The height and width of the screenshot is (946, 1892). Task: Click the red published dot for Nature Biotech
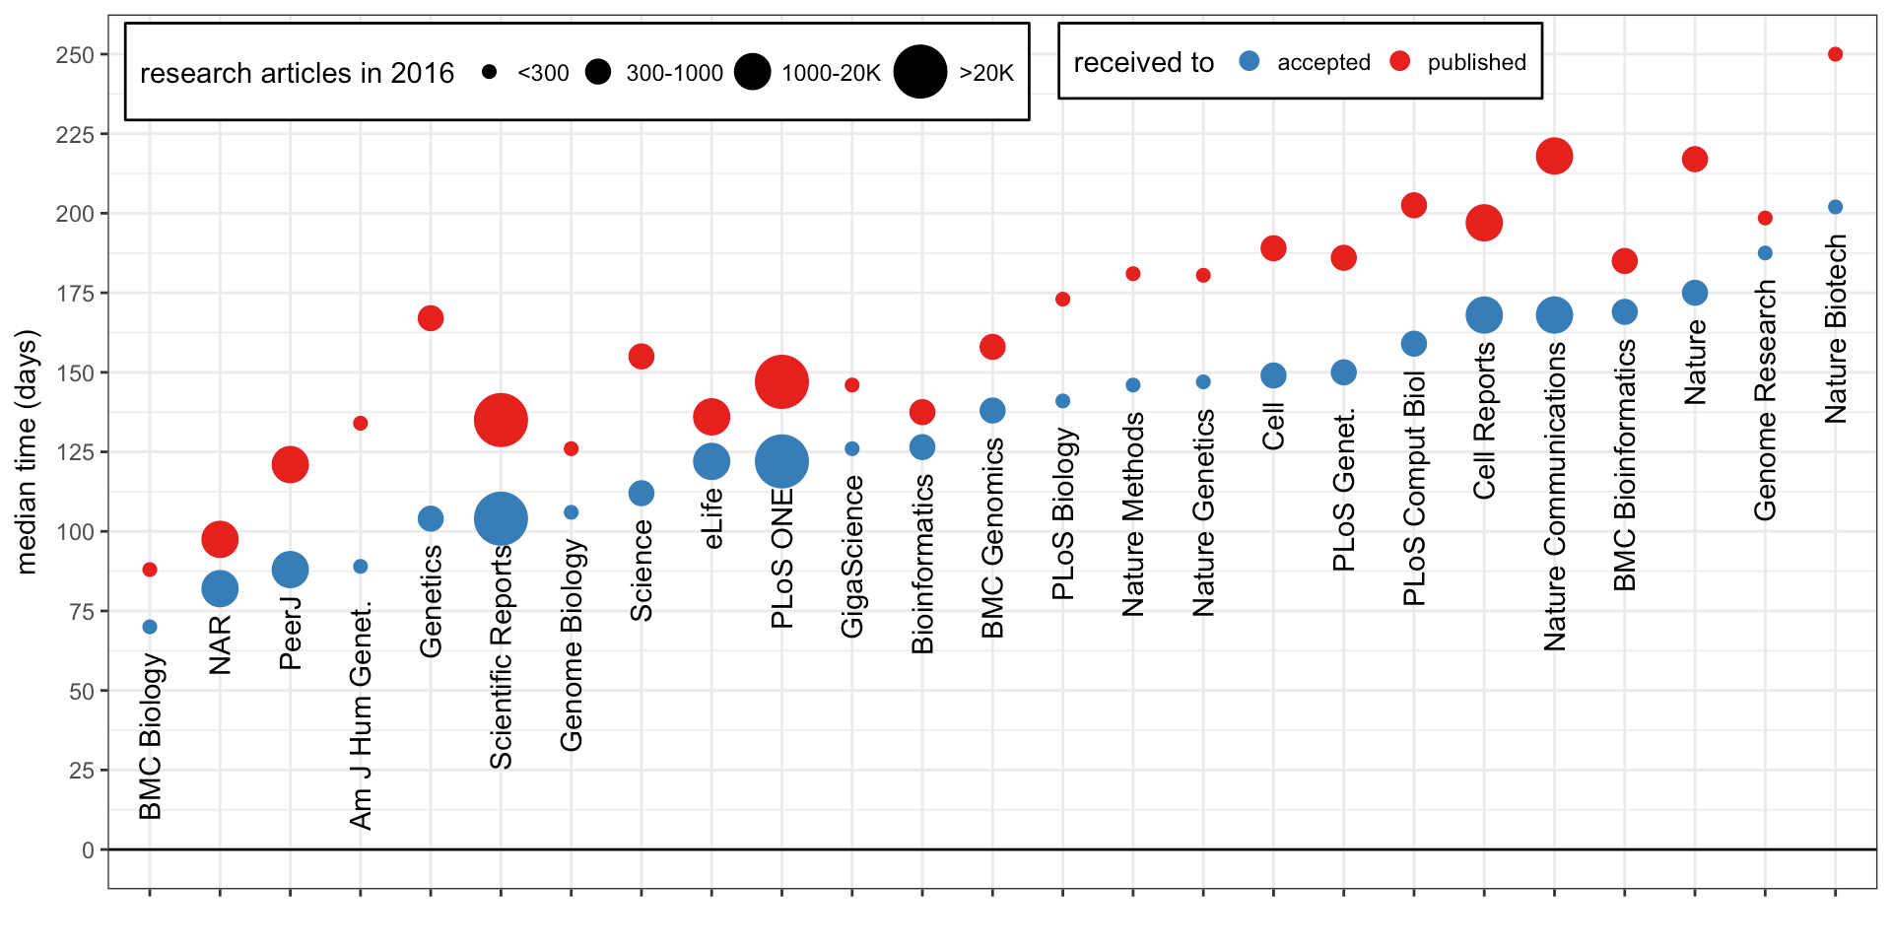coord(1835,54)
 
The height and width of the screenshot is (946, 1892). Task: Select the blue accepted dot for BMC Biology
coord(150,627)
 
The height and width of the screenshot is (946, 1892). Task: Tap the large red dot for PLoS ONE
coord(781,382)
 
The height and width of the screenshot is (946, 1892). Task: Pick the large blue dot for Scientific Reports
coord(501,518)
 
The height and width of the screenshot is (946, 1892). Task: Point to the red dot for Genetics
coord(431,318)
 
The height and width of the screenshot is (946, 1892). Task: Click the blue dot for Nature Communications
coord(1554,315)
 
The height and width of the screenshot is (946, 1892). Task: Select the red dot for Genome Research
coord(1765,218)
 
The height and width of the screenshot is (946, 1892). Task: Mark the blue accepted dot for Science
coord(642,493)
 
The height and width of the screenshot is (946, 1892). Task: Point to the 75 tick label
coord(82,612)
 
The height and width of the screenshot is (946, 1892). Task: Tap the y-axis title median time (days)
coord(27,451)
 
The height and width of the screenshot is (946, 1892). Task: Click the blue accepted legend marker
coord(1250,61)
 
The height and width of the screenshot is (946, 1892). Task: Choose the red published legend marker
coord(1399,61)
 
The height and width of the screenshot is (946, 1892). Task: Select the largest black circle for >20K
coord(920,72)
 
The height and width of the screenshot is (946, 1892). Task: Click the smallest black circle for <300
coord(490,72)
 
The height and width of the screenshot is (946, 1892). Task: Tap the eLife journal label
coord(712,518)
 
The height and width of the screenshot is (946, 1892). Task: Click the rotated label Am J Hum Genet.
coord(361,715)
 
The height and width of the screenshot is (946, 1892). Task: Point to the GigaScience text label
coord(852,556)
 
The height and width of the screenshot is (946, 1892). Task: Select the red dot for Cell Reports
coord(1484,223)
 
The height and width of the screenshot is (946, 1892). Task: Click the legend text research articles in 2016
coord(297,73)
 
